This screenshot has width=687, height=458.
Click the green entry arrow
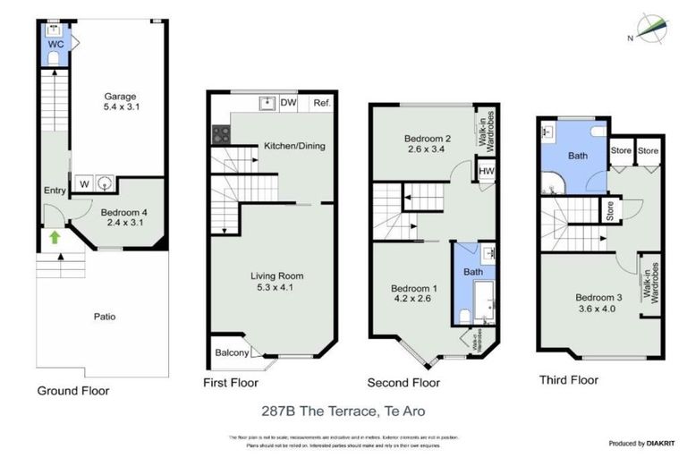(x=55, y=237)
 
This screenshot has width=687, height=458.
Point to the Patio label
(x=106, y=317)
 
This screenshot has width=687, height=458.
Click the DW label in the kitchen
(x=288, y=104)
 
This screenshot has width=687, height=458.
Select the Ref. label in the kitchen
(x=322, y=104)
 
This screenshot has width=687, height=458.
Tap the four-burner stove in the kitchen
(x=221, y=135)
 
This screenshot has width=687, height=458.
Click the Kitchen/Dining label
(x=293, y=146)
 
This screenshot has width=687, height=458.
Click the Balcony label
(x=232, y=352)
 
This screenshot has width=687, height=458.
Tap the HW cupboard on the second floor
(x=487, y=171)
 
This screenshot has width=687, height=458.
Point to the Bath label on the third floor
(x=579, y=156)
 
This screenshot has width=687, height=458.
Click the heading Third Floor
(x=568, y=380)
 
